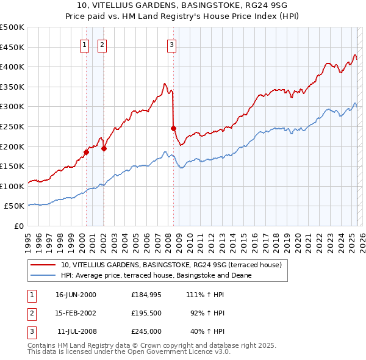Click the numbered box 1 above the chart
pyautogui.click(x=84, y=44)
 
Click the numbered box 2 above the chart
pyautogui.click(x=102, y=44)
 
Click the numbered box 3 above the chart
pyautogui.click(x=171, y=44)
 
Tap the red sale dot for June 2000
pyautogui.click(x=87, y=152)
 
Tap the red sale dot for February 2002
pyautogui.click(x=104, y=148)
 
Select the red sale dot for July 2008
pyautogui.click(x=173, y=128)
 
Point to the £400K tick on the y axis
pyautogui.click(x=13, y=67)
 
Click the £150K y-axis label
pyautogui.click(x=13, y=166)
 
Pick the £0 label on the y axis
pyautogui.click(x=18, y=226)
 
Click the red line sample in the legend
pyautogui.click(x=43, y=265)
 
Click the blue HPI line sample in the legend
pyautogui.click(x=43, y=275)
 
